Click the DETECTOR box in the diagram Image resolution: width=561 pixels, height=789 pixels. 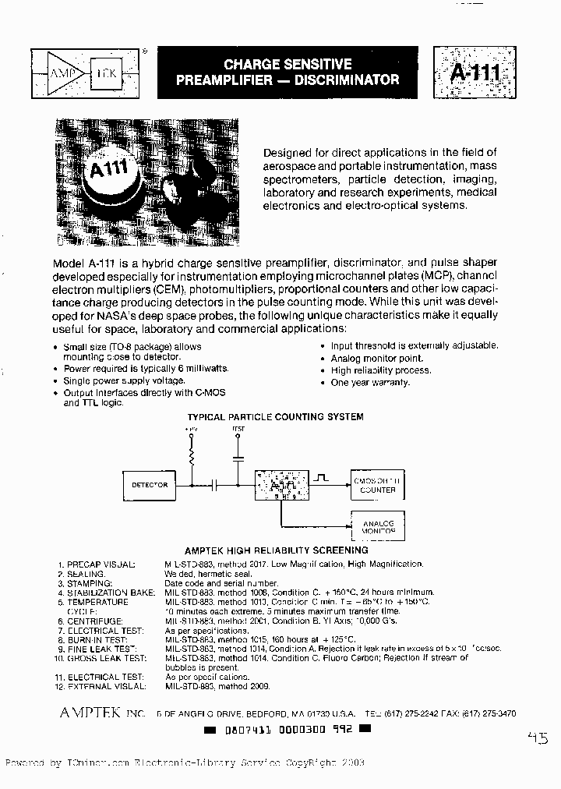pyautogui.click(x=150, y=485)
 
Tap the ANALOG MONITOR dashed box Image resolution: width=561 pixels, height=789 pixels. pyautogui.click(x=378, y=528)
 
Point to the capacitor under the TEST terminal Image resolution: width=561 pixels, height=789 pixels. pyautogui.click(x=238, y=459)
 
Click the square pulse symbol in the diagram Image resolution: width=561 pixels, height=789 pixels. pyautogui.click(x=322, y=475)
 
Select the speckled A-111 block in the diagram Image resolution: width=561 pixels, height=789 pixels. pyautogui.click(x=279, y=486)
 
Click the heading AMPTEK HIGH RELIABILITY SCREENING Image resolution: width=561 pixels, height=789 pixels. pyautogui.click(x=276, y=550)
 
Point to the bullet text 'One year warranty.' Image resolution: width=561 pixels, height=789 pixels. pyautogui.click(x=370, y=383)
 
